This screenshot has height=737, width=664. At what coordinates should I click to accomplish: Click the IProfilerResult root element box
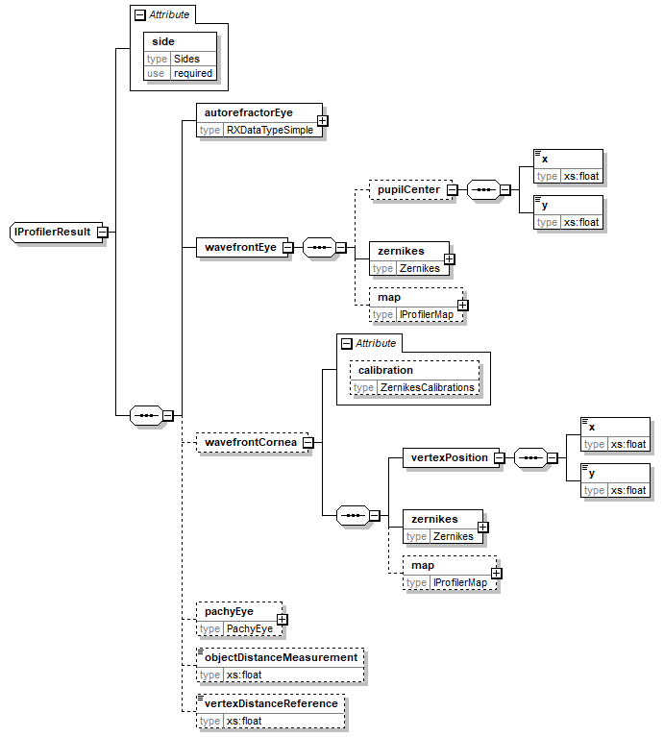[53, 232]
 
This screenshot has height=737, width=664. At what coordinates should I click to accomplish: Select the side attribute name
[163, 42]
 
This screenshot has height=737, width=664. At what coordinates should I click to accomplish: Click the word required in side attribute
[193, 73]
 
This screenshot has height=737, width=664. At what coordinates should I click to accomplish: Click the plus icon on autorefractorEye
[323, 121]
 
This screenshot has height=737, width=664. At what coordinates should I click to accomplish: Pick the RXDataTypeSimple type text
[269, 130]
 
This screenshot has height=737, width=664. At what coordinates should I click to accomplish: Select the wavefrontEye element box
[239, 247]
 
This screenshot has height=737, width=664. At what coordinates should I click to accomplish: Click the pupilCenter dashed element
[407, 190]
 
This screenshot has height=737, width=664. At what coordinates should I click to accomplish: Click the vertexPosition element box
[444, 457]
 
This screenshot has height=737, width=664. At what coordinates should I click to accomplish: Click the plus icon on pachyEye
[282, 620]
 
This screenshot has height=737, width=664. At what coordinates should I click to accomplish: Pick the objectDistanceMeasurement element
[281, 657]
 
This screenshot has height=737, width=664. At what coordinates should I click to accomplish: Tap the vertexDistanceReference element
[271, 703]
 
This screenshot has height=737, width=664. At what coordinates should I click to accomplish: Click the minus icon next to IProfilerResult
[102, 232]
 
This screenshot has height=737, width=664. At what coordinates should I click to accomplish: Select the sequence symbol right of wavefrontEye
[318, 248]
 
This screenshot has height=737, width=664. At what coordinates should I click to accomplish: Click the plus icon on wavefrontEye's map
[463, 306]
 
